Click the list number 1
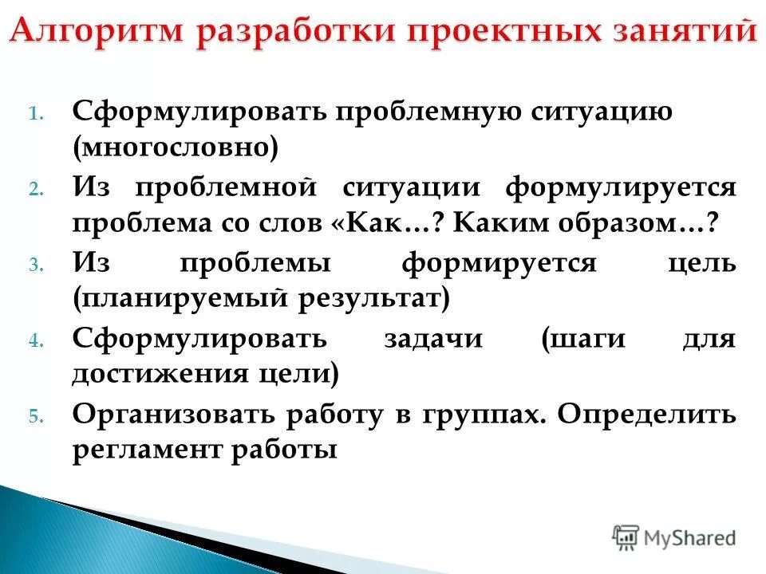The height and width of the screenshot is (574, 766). click(x=36, y=113)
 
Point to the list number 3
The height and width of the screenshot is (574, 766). click(x=36, y=266)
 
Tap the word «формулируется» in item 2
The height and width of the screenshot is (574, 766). click(x=620, y=188)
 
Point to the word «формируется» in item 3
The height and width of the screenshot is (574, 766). click(x=499, y=264)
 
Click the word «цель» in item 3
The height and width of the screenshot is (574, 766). click(x=702, y=264)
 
